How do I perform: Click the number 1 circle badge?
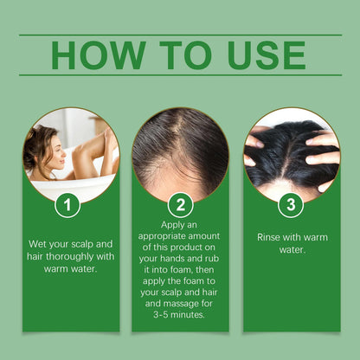click(x=67, y=205)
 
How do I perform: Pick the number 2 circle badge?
click(x=179, y=206)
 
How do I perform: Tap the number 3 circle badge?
click(x=290, y=205)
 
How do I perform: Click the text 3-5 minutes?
click(x=180, y=316)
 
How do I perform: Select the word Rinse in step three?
click(x=273, y=235)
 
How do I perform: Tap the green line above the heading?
click(x=180, y=35)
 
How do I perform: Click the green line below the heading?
click(x=180, y=75)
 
